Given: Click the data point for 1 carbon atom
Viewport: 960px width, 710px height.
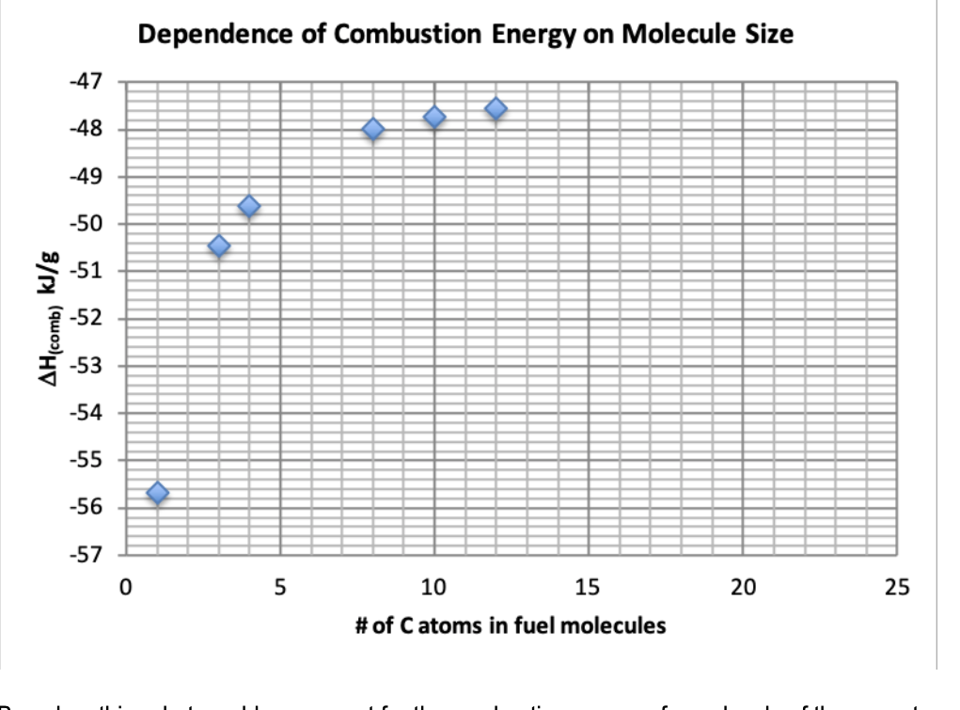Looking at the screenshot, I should [157, 493].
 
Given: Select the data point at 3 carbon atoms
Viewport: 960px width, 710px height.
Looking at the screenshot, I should [219, 245].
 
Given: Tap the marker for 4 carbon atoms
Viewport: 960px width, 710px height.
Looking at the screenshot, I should [249, 207].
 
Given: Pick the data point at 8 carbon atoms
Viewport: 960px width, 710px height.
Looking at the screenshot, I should [373, 129].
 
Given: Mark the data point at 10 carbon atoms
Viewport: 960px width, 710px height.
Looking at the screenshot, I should [434, 117].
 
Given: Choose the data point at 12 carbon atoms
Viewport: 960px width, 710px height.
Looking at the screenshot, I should [496, 109].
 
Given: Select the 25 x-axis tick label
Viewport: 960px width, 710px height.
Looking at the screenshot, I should [897, 589].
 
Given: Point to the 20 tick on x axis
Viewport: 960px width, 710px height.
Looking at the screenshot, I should [743, 589].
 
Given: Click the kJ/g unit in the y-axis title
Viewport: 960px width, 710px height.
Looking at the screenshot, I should [55, 266].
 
